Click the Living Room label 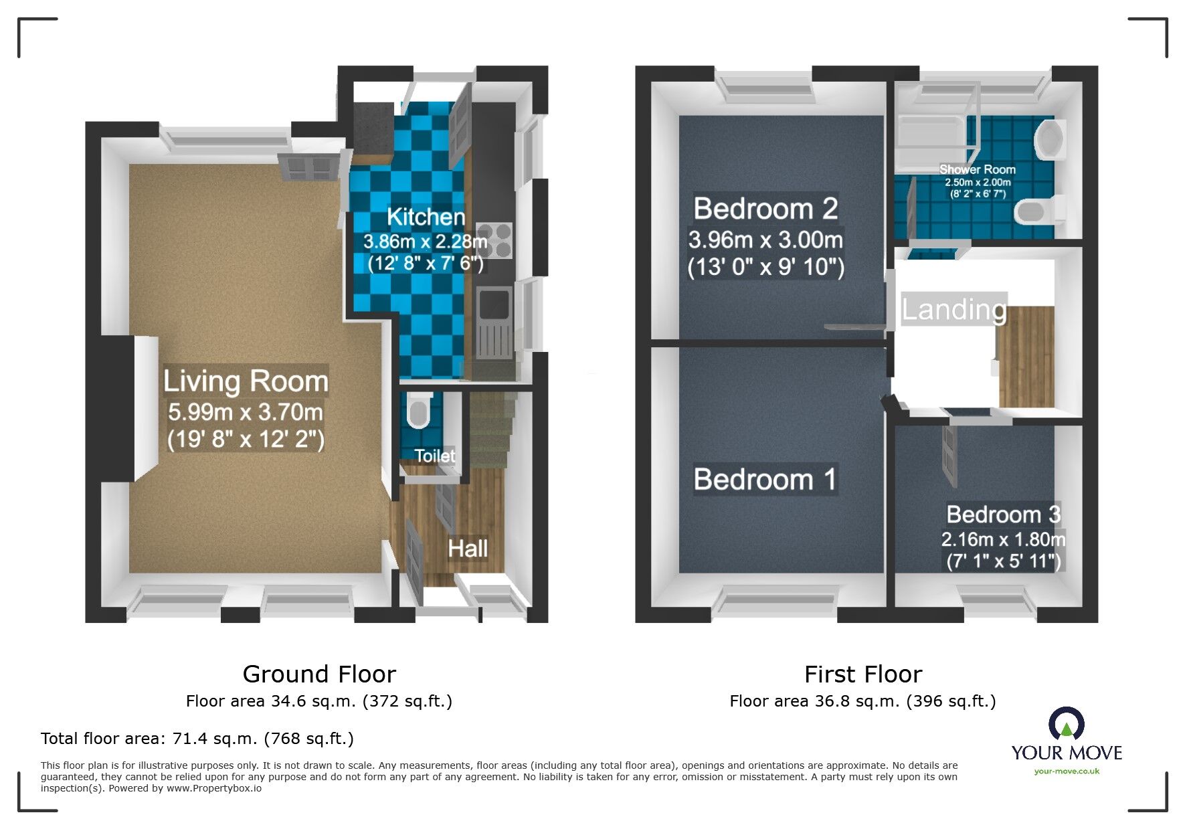point(246,381)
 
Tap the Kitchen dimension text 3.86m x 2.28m point(425,241)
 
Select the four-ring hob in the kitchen point(496,240)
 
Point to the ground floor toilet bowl point(419,413)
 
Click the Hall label point(467,549)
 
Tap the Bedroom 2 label point(765,209)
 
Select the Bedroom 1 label point(765,479)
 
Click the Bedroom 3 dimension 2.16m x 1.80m point(1003,539)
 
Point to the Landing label point(953,309)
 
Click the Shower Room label point(977,169)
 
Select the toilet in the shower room point(1037,211)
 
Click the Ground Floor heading point(319,674)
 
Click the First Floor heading point(862,674)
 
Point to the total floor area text point(197,739)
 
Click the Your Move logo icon point(1066,724)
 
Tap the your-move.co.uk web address point(1067,771)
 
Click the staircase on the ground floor point(492,432)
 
